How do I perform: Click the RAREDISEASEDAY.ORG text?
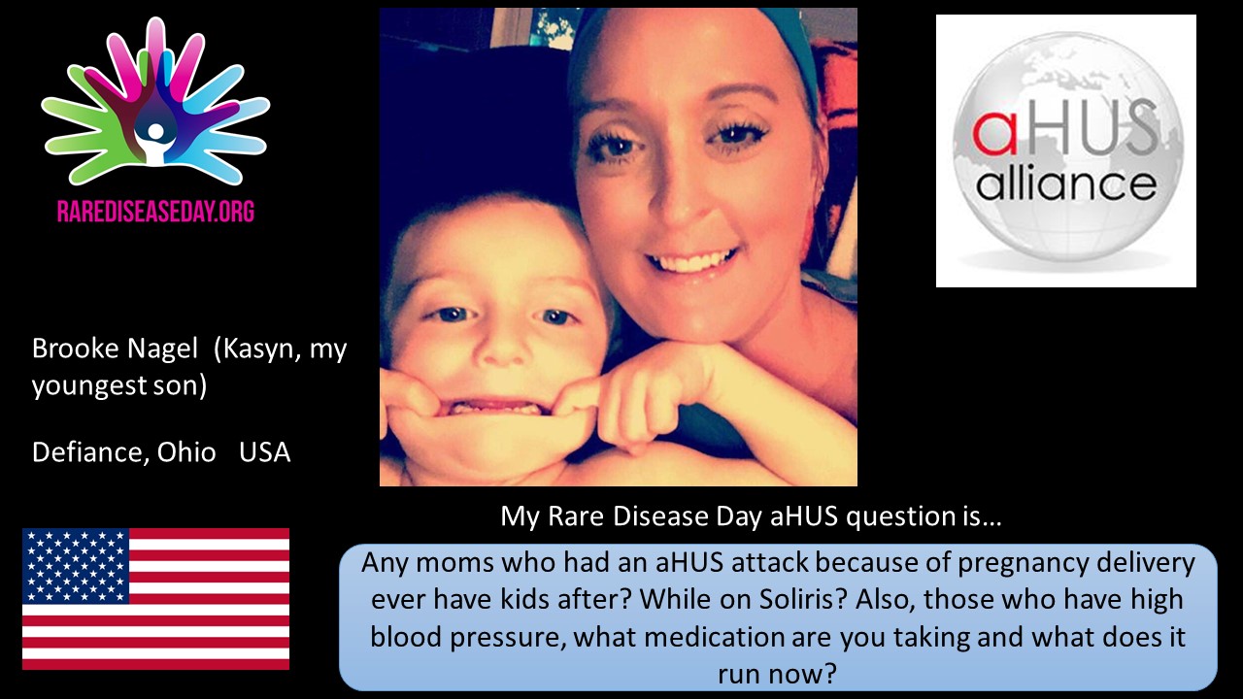(x=155, y=212)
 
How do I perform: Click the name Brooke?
(x=76, y=349)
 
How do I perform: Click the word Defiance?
(x=90, y=452)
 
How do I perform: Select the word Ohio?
(x=186, y=452)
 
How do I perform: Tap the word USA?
(x=265, y=452)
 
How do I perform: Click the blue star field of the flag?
(x=76, y=566)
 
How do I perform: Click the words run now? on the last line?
(x=777, y=674)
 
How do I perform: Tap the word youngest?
(x=89, y=386)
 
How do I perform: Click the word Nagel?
(x=162, y=349)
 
